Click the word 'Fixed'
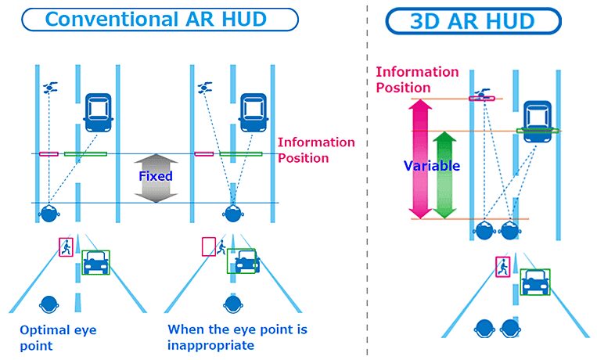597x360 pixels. point(155,176)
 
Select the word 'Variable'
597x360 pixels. point(431,166)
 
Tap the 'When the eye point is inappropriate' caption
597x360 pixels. point(236,337)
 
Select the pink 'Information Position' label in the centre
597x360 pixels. point(316,149)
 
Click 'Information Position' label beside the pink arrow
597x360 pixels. point(417,79)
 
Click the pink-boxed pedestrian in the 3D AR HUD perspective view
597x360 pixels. point(502,267)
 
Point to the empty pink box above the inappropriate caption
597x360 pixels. point(209,247)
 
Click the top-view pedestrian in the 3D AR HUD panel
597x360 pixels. point(481,95)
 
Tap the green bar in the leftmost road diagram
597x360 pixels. point(85,154)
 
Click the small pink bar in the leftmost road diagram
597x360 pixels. point(49,154)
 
